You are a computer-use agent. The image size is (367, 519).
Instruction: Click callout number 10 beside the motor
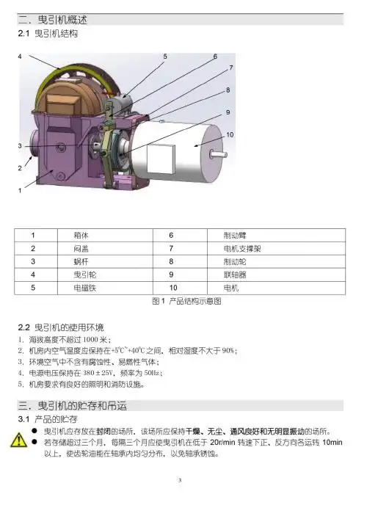point(230,135)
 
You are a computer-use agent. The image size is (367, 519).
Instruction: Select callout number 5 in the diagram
point(165,56)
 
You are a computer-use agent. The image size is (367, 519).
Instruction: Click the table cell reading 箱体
point(83,236)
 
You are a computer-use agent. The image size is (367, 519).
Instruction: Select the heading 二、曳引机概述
point(50,18)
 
